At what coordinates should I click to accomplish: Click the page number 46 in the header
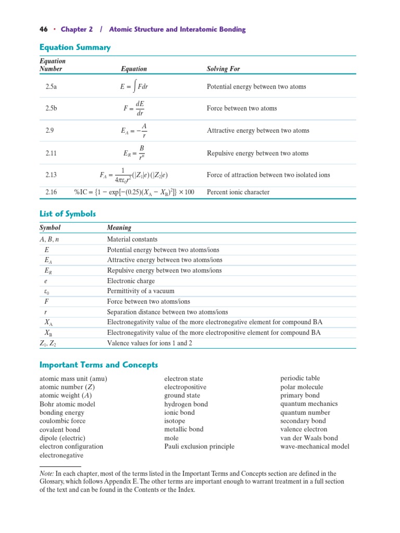tap(44, 30)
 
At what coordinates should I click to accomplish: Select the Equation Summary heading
tap(75, 48)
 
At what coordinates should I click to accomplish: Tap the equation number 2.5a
tap(51, 87)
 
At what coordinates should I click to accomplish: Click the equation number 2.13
tap(51, 175)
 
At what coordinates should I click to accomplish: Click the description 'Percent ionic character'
tap(238, 192)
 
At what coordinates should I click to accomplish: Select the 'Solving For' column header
tap(223, 69)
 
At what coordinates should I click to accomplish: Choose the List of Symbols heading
tap(68, 214)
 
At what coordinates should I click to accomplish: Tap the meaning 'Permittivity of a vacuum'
tap(141, 291)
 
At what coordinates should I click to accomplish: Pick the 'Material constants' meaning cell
tap(132, 239)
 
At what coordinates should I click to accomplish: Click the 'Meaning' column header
tap(119, 227)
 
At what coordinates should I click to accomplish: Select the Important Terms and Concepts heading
tap(98, 365)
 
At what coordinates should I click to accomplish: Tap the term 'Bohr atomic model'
tap(67, 404)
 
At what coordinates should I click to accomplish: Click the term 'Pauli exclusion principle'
tap(199, 446)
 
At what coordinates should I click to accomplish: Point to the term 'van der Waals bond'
tap(309, 438)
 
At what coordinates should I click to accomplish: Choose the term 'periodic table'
tap(300, 378)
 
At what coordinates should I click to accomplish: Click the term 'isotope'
tap(174, 421)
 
